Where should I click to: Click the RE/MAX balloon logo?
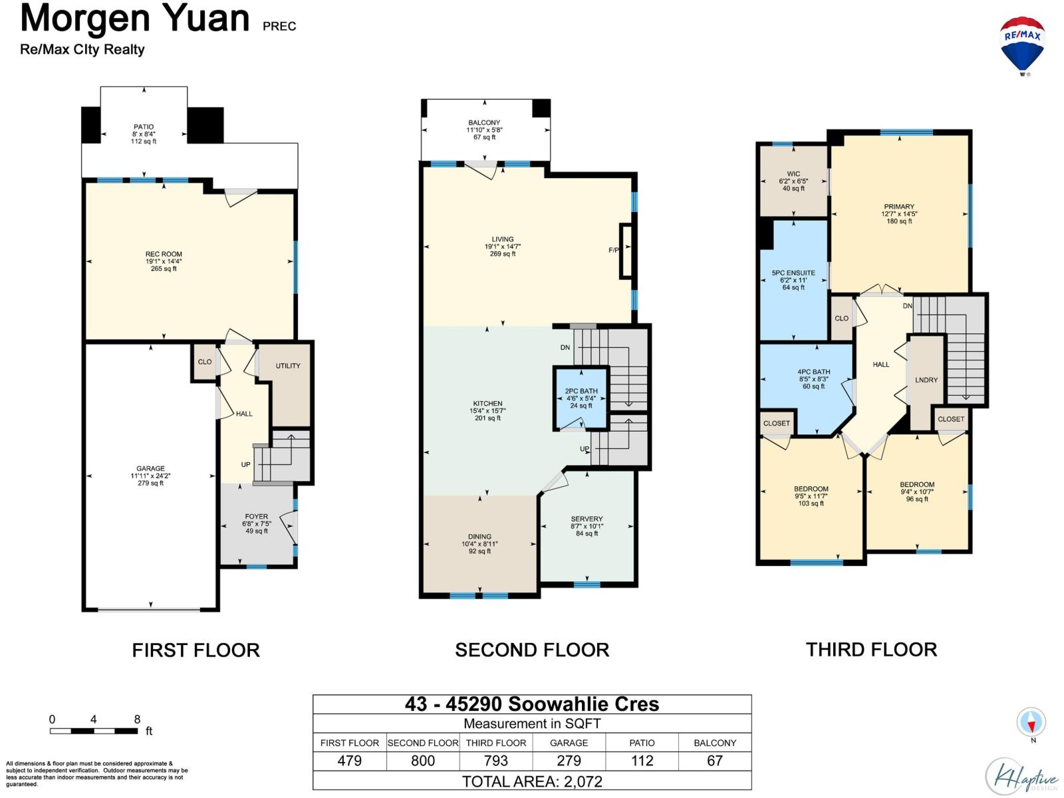pos(1022,45)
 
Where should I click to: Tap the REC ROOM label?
pos(164,255)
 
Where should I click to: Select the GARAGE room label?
pos(150,469)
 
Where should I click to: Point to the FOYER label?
pos(256,517)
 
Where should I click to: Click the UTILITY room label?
pos(287,366)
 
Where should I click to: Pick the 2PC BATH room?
pos(581,398)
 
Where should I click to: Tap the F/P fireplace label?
pos(613,251)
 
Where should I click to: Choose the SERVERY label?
pos(586,519)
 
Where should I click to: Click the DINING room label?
pos(479,537)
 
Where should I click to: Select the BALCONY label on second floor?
pos(483,123)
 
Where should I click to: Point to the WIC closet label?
pos(793,174)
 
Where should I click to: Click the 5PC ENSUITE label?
pos(793,273)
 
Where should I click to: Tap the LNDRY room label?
pos(926,380)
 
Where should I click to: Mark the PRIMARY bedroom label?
pos(898,207)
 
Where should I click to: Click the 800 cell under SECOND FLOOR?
pos(423,761)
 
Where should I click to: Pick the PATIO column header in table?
pos(642,743)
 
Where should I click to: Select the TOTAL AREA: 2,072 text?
pos(532,781)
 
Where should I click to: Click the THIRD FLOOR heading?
pos(871,650)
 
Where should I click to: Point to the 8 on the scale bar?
pos(137,720)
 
